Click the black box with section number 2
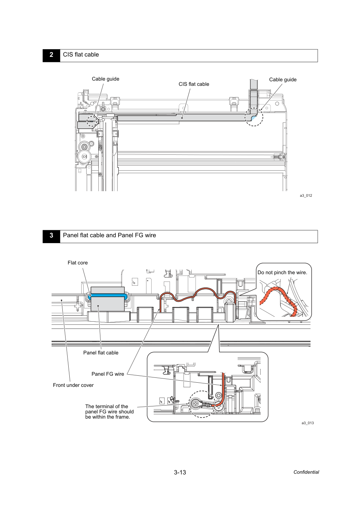[x=51, y=55]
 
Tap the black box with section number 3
[x=51, y=236]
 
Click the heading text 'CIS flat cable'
[x=81, y=55]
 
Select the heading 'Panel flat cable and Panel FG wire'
[x=109, y=235]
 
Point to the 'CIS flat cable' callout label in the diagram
[x=194, y=84]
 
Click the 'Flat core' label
[x=78, y=263]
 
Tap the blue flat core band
[x=108, y=295]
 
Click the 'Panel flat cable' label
[x=101, y=353]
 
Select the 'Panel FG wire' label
[x=108, y=374]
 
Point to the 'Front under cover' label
[x=73, y=385]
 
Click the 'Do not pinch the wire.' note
[x=282, y=272]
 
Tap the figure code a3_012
[x=306, y=196]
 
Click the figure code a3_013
[x=307, y=423]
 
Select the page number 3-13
[x=180, y=472]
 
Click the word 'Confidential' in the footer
[x=306, y=472]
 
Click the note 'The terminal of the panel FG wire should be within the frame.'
[x=109, y=411]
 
